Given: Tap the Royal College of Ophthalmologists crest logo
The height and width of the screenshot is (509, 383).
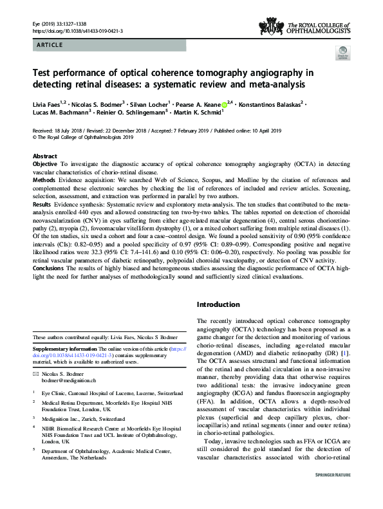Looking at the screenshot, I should (x=270, y=26).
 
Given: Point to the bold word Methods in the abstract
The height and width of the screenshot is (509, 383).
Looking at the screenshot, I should (x=45, y=181).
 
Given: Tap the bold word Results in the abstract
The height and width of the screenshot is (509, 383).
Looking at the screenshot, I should (x=44, y=203).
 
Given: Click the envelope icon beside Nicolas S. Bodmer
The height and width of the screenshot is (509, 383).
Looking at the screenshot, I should (x=36, y=373).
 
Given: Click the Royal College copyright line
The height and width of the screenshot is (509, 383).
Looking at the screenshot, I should (x=82, y=137).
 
